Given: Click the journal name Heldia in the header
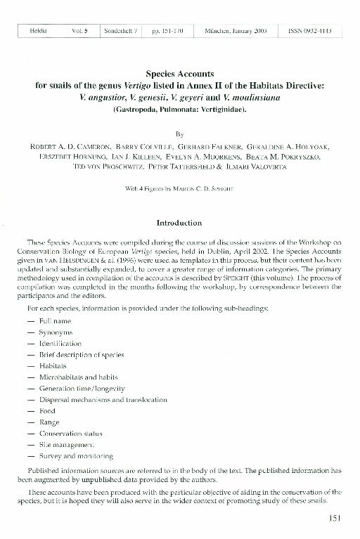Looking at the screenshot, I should pyautogui.click(x=39, y=32).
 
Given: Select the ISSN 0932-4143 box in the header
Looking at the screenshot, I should pyautogui.click(x=309, y=32).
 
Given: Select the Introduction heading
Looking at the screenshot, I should pyautogui.click(x=179, y=223).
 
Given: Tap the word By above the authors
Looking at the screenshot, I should pyautogui.click(x=179, y=132).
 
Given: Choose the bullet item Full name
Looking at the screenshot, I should pyautogui.click(x=55, y=320).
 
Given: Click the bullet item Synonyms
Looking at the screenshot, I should pyautogui.click(x=56, y=332).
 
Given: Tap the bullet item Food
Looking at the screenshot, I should pyautogui.click(x=47, y=411).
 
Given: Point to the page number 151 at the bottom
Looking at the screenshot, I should pyautogui.click(x=335, y=519).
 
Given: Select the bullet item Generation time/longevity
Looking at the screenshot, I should pyautogui.click(x=82, y=389).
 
